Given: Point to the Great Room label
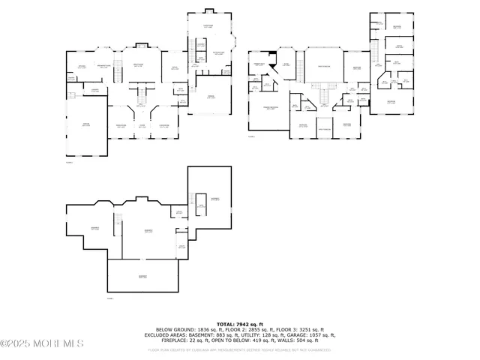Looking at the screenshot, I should (x=138, y=65).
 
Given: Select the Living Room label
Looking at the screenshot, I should (x=163, y=126).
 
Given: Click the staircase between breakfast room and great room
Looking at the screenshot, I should (x=117, y=64).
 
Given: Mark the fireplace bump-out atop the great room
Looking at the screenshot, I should (x=138, y=43).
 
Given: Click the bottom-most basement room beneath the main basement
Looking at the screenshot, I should (x=142, y=277).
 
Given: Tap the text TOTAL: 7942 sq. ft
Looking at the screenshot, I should (x=239, y=322).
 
